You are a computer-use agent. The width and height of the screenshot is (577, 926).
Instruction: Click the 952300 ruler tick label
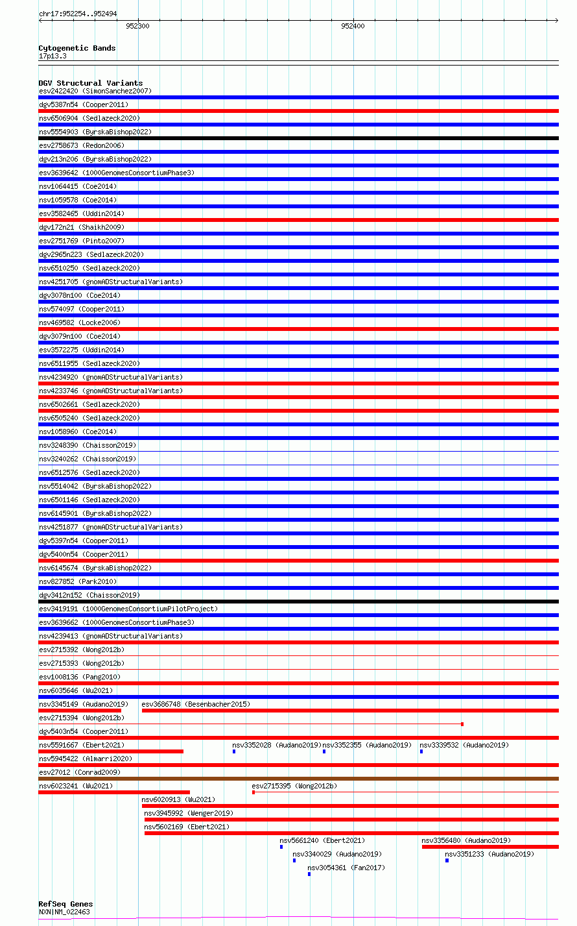pyautogui.click(x=137, y=27)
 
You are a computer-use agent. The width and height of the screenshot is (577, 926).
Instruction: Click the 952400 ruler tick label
pyautogui.click(x=353, y=27)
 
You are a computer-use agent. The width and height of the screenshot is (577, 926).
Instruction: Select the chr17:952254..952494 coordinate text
pyautogui.click(x=78, y=14)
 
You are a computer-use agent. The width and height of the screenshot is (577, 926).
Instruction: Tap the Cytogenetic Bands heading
pyautogui.click(x=77, y=48)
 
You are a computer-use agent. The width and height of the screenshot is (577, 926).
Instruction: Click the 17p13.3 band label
pyautogui.click(x=53, y=56)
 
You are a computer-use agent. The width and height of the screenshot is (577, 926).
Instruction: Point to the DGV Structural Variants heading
pyautogui.click(x=90, y=83)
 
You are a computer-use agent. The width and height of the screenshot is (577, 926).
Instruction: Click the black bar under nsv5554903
pyautogui.click(x=298, y=138)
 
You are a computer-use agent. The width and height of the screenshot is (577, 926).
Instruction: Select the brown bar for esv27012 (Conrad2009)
pyautogui.click(x=298, y=779)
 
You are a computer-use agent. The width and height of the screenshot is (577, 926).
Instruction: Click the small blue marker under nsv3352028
pyautogui.click(x=234, y=751)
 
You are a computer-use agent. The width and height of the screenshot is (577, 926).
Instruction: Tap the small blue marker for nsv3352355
pyautogui.click(x=324, y=751)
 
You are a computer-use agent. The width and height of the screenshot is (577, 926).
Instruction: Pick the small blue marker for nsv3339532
pyautogui.click(x=421, y=751)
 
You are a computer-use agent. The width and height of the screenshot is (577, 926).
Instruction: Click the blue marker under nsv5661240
pyautogui.click(x=281, y=847)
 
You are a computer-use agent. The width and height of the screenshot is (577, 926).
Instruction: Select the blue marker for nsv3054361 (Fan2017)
pyautogui.click(x=309, y=874)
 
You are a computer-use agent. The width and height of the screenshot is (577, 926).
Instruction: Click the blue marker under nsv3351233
pyautogui.click(x=447, y=860)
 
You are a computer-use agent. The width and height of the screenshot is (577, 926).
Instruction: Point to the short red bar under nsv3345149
pyautogui.click(x=80, y=711)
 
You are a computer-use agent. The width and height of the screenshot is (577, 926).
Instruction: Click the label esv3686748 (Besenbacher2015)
pyautogui.click(x=196, y=704)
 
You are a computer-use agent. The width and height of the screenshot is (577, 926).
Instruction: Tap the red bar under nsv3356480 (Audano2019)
pyautogui.click(x=489, y=847)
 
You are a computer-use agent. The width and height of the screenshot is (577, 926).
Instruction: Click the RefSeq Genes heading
pyautogui.click(x=65, y=904)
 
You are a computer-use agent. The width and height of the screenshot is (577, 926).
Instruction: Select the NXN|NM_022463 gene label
pyautogui.click(x=64, y=912)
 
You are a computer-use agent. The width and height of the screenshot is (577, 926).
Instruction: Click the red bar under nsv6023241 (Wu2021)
pyautogui.click(x=114, y=792)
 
